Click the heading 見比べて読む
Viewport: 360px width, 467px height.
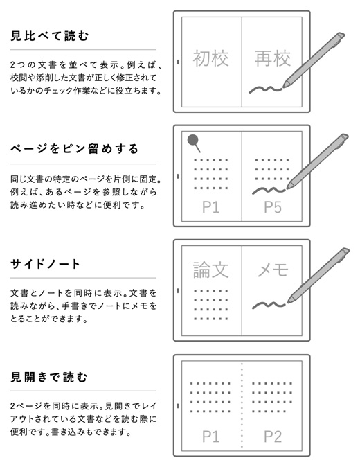coord(50,36)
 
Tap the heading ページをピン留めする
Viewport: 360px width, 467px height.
coord(74,148)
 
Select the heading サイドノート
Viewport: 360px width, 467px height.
coord(45,264)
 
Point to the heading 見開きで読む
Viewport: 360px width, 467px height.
coord(49,377)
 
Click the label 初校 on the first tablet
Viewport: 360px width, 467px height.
coord(211,58)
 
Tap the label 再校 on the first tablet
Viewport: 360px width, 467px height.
coord(273,58)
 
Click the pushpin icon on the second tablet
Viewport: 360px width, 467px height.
coord(194,143)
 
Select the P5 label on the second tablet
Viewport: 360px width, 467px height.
coord(273,207)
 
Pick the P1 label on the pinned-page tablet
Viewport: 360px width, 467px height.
coord(210,207)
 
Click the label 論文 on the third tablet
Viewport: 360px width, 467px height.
coord(211,270)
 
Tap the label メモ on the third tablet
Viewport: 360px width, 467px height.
coord(273,270)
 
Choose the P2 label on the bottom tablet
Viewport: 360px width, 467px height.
coord(273,437)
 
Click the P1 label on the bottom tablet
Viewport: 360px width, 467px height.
coord(210,437)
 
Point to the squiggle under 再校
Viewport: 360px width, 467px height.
coord(265,89)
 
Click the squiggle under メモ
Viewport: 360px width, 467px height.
coord(269,306)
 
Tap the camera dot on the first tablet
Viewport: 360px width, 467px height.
coord(178,62)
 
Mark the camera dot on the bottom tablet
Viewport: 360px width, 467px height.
coord(178,405)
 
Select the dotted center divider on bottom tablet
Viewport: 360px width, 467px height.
coord(242,405)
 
